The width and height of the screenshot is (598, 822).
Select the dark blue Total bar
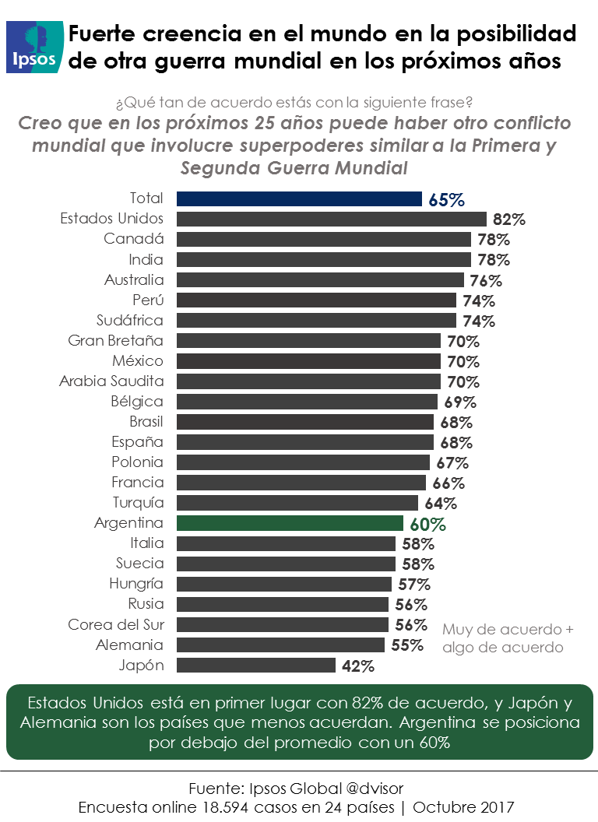[299, 198]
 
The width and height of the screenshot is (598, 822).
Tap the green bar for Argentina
[290, 523]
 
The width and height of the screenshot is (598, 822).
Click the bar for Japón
[256, 665]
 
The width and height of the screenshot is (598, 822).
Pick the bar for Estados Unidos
[331, 219]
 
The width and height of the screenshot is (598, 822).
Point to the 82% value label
[509, 220]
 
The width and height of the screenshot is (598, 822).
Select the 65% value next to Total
[446, 199]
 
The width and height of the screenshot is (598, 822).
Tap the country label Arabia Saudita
[111, 381]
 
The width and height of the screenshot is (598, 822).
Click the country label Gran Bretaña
[115, 341]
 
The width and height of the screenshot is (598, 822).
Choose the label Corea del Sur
[116, 624]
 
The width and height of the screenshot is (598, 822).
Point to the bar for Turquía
[297, 503]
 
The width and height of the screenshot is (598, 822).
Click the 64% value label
[440, 504]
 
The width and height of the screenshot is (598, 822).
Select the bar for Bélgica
[307, 402]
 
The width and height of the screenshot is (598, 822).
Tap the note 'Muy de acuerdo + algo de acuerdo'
[507, 638]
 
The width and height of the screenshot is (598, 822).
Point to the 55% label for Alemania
[406, 645]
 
